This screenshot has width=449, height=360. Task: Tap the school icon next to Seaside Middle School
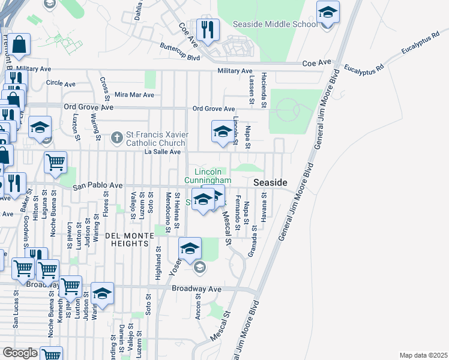tap(328, 13)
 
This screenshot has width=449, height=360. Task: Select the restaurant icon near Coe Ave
tap(208, 31)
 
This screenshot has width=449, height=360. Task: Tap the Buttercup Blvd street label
tap(179, 52)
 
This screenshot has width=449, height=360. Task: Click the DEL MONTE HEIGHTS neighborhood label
tap(126, 240)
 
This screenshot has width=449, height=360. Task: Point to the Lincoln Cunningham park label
tap(208, 176)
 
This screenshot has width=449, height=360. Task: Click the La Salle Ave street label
tap(162, 152)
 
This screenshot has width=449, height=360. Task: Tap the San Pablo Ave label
tap(97, 187)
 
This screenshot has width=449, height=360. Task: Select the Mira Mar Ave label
tap(134, 95)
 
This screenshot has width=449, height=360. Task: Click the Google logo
tap(20, 353)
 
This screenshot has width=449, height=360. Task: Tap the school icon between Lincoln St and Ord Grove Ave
tap(222, 133)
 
